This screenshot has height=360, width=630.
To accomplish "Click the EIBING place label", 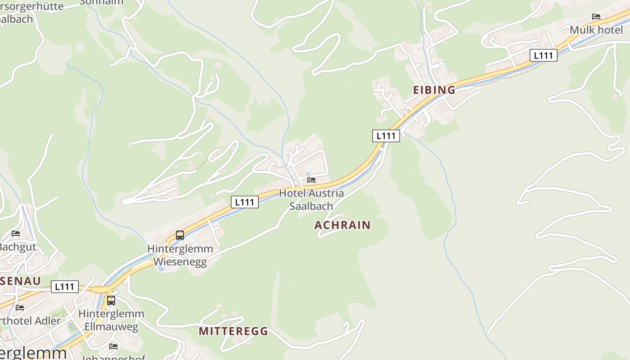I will pos(434,90).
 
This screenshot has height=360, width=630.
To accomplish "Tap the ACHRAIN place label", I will pos(342,225).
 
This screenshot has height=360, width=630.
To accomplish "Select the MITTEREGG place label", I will pos(233,331).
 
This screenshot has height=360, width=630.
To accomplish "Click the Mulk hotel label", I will pos(596,30).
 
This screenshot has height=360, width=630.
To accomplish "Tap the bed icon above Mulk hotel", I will pos(596,17).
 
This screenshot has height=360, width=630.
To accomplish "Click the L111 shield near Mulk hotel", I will pos(544,55).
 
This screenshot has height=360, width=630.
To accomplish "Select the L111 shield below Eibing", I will pos(386,135).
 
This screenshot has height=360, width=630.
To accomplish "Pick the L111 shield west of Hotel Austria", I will pos(245,202).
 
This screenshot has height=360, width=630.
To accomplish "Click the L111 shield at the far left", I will pos(65,287).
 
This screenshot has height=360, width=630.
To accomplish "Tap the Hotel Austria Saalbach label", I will pos(311,199).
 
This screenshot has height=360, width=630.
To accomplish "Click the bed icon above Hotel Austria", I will pos(311,180).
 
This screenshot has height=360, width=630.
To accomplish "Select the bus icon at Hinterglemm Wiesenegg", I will pos(180,235).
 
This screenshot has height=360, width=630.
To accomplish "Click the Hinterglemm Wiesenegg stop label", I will pos(180,255).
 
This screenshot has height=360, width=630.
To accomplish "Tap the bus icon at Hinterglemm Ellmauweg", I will pos(111,300).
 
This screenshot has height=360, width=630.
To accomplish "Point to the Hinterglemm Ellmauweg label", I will pos(111,320).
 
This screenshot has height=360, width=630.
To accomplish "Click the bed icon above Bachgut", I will pos(16,234).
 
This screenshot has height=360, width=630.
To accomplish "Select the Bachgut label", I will pos(17,247).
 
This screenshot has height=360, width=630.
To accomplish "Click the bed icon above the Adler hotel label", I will pos(20,308).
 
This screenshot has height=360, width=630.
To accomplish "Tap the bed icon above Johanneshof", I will pos(113,346).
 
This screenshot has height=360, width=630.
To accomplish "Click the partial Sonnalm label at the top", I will pos(101,2).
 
